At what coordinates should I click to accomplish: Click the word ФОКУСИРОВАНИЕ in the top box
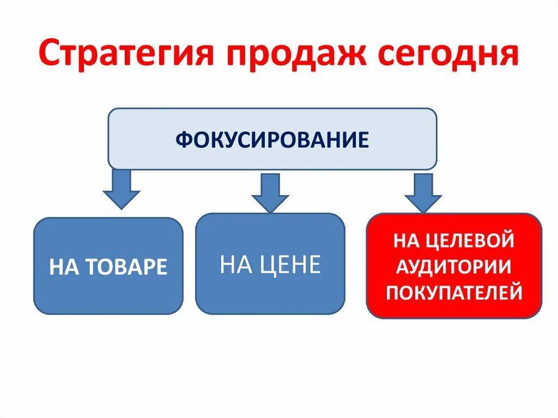coord(272,140)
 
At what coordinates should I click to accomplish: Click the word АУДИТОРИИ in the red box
coord(454,266)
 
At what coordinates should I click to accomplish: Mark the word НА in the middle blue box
coord(234,265)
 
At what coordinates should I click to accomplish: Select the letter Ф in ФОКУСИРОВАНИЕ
coord(182,140)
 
